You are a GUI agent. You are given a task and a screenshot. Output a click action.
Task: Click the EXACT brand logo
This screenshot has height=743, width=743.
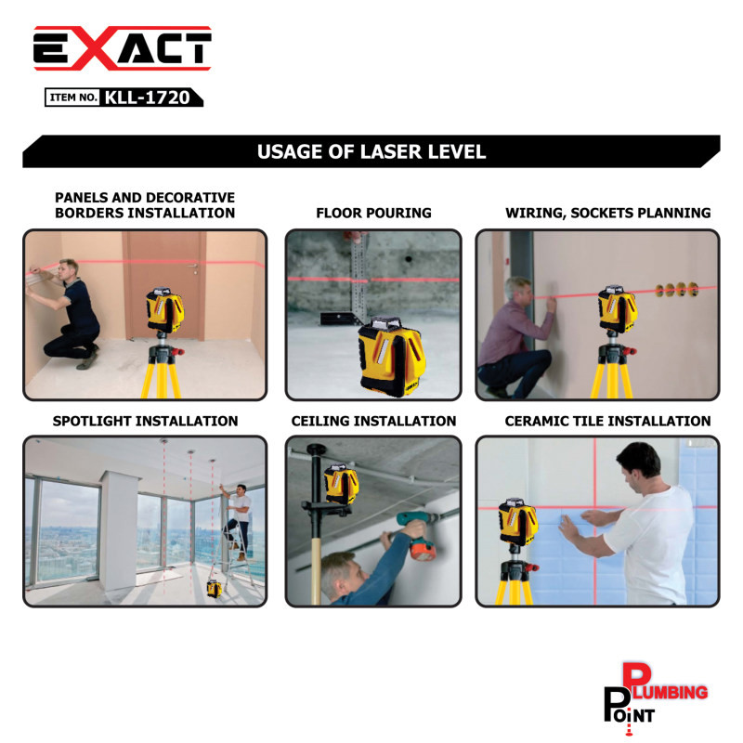[123, 48]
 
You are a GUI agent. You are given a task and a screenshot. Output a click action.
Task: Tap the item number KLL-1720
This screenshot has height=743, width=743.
[147, 98]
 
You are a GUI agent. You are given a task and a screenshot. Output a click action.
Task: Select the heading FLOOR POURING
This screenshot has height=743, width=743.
[373, 213]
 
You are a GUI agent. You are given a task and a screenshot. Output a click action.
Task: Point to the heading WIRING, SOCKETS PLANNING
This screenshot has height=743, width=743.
[608, 213]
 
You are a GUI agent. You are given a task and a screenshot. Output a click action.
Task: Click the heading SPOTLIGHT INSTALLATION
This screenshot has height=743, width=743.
[145, 421]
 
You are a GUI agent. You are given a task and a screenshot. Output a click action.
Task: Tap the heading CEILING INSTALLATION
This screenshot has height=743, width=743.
[373, 421]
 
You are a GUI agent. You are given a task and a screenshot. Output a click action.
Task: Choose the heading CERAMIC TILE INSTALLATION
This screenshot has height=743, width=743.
[607, 421]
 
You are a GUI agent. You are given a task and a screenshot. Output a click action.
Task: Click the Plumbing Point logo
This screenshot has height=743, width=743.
[656, 698]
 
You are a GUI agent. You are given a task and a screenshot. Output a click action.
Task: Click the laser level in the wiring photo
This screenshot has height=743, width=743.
[617, 309]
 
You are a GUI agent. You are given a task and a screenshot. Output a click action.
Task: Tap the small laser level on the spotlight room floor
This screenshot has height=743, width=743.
[215, 589]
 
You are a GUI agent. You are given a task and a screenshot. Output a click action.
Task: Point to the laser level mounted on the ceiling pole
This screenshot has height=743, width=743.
[341, 483]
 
